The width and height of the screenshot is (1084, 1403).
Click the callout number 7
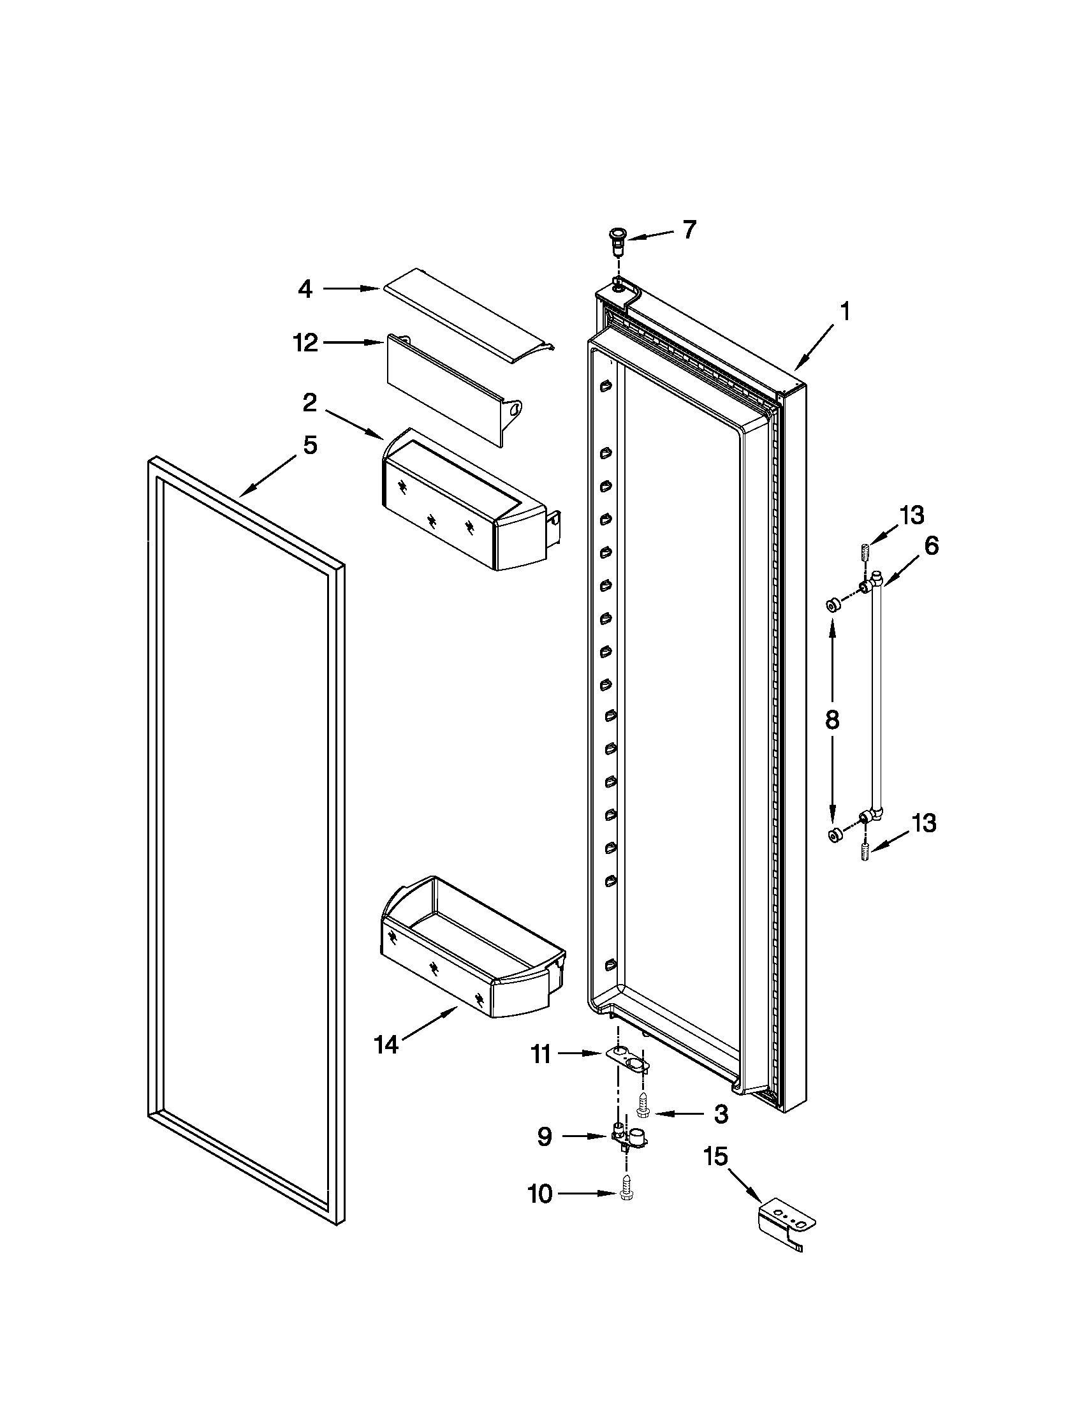pyautogui.click(x=689, y=230)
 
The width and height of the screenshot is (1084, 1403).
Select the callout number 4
pyautogui.click(x=305, y=290)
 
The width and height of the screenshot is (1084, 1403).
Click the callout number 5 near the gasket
pyautogui.click(x=310, y=444)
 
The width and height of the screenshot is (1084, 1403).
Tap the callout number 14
pyautogui.click(x=386, y=1045)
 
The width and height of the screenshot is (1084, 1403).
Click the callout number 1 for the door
pyautogui.click(x=845, y=312)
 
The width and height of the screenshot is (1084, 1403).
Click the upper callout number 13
pyautogui.click(x=911, y=515)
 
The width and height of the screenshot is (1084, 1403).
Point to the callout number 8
pyautogui.click(x=831, y=720)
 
